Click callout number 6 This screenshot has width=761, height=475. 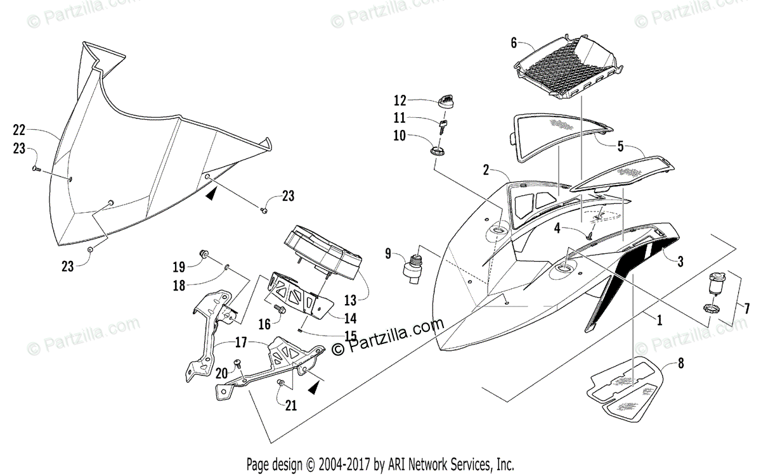(514, 43)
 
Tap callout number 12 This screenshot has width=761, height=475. (399, 100)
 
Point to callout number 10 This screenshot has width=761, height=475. (399, 136)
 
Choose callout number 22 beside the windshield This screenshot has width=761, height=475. (20, 130)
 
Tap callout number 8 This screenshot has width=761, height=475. (681, 364)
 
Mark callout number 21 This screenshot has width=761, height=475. (291, 406)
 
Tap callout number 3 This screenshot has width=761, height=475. (680, 261)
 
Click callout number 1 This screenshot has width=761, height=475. (659, 321)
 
